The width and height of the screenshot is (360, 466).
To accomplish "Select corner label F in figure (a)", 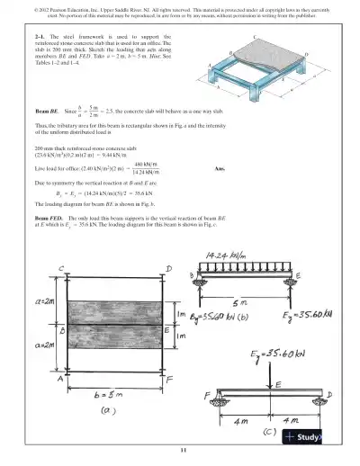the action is point(169,380).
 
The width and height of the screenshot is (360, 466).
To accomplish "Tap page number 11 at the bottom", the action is point(181,449).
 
